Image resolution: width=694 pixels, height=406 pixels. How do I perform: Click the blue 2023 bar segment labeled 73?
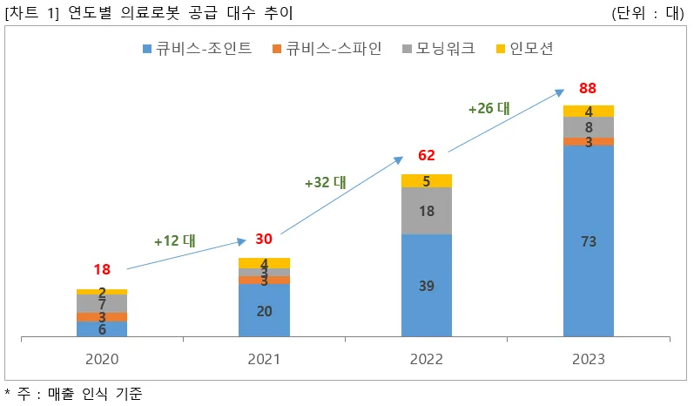point(589,241)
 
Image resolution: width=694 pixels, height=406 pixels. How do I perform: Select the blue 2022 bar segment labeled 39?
point(427,285)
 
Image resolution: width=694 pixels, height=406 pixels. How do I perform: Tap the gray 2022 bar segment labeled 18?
point(427,211)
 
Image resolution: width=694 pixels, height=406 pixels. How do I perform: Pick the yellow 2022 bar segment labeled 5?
point(427,181)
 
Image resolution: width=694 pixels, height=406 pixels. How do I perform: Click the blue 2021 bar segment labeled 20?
point(264,309)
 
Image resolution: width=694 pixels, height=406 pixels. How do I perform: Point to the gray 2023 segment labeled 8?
point(589,127)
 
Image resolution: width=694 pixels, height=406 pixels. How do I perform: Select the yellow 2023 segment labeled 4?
point(589,111)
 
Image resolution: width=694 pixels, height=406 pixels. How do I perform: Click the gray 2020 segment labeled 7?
point(102,303)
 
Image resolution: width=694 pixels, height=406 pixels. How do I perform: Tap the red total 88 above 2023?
point(588,89)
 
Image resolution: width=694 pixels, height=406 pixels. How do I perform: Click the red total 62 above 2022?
point(426,156)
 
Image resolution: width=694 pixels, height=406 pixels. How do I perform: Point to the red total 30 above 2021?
point(264,240)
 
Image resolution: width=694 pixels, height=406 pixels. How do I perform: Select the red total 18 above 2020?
point(102,270)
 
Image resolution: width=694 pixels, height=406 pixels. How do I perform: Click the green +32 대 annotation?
point(326,183)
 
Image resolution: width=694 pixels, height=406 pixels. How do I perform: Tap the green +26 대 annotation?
point(488,109)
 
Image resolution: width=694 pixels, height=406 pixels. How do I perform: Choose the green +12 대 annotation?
point(174,240)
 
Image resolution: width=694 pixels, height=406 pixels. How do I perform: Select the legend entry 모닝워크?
point(440,48)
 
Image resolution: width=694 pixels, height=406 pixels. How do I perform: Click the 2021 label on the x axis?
point(264,359)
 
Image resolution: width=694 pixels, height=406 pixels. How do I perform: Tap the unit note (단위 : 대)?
point(650,13)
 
